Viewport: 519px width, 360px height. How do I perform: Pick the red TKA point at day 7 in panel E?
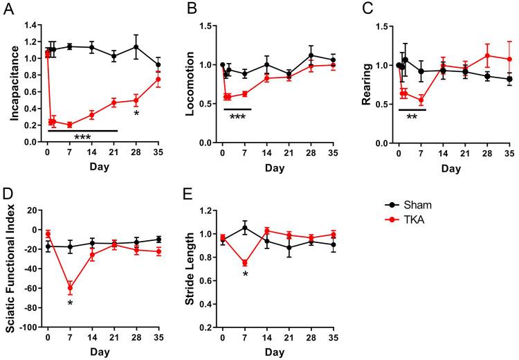click(245, 262)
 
